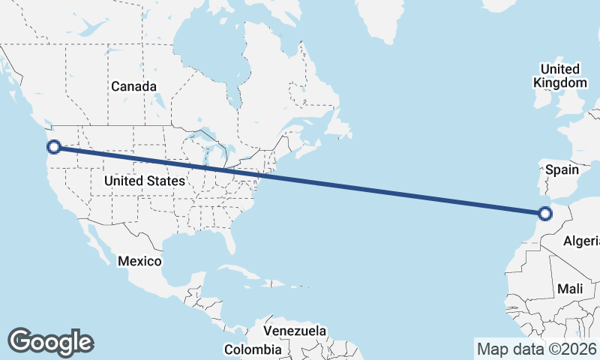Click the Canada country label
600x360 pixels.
133,86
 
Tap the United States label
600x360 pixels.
144,181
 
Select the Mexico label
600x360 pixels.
139,261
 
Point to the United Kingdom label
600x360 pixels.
560,76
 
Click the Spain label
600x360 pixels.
562,169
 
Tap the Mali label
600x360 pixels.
570,289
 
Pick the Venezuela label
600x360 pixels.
295,331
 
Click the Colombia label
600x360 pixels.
253,349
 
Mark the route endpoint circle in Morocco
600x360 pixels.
545,215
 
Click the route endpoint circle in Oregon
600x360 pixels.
52,147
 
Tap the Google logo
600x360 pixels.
50,341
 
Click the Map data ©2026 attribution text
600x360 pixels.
536,349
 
